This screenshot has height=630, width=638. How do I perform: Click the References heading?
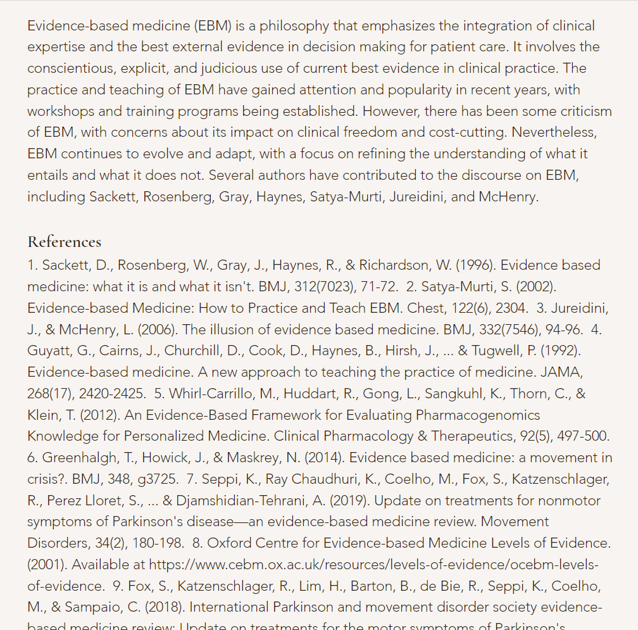(64, 242)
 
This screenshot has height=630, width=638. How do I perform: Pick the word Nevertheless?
(554, 133)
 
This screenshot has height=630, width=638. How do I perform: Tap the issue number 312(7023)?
(319, 287)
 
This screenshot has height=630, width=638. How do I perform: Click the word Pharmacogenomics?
(478, 415)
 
